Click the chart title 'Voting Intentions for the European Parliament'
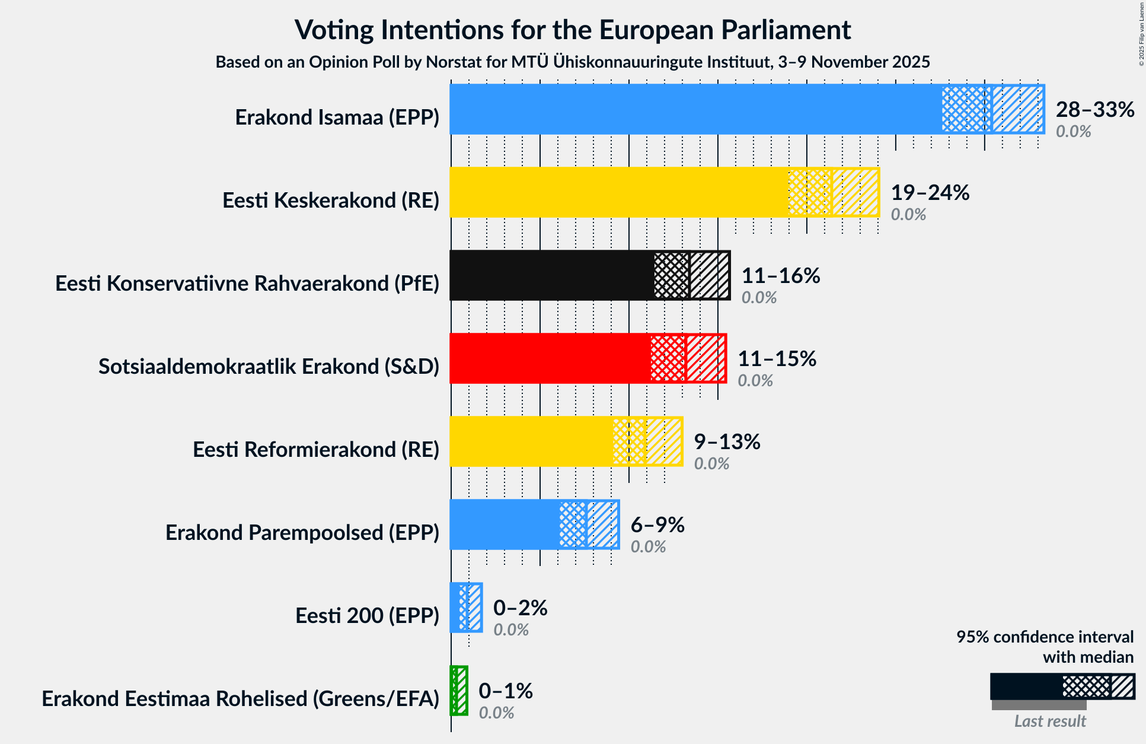[573, 30]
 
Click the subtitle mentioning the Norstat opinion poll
[573, 62]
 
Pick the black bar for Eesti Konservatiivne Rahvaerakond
[551, 275]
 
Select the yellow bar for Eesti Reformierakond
[531, 441]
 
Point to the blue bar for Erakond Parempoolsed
[504, 524]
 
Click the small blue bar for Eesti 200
[455, 608]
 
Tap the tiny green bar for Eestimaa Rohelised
[454, 691]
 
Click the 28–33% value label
[1094, 109]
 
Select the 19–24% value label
[930, 192]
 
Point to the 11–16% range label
[780, 275]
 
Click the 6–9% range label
[657, 524]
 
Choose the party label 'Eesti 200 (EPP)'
[367, 616]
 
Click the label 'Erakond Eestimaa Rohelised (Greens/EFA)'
[240, 699]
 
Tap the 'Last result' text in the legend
[1049, 721]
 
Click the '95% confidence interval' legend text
[1044, 637]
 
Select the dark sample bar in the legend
[1026, 686]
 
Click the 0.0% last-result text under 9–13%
[711, 463]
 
